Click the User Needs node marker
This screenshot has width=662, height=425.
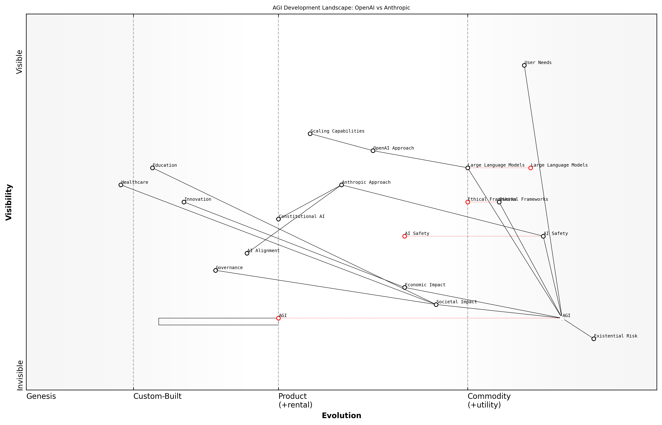coord(524,65)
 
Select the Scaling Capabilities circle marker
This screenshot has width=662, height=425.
coord(310,134)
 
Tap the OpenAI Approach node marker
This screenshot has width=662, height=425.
coord(373,151)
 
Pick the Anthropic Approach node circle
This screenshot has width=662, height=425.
coord(341,185)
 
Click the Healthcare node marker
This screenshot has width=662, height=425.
coord(121,185)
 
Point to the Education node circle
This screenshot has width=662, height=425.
coord(152,168)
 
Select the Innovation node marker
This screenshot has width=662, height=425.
coord(184,202)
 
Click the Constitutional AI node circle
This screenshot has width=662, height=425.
coord(278,219)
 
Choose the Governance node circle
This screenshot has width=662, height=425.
coord(215,270)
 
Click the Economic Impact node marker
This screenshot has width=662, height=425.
coord(405,287)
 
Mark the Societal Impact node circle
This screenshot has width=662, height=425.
coord(436,305)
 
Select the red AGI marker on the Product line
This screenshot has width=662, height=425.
coord(278,318)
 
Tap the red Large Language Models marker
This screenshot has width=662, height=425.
coord(530,168)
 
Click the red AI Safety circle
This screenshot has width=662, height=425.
coord(405,236)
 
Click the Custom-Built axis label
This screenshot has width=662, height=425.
coord(157,396)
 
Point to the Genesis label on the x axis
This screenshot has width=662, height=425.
coord(41,396)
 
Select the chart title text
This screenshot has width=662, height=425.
coord(341,8)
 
